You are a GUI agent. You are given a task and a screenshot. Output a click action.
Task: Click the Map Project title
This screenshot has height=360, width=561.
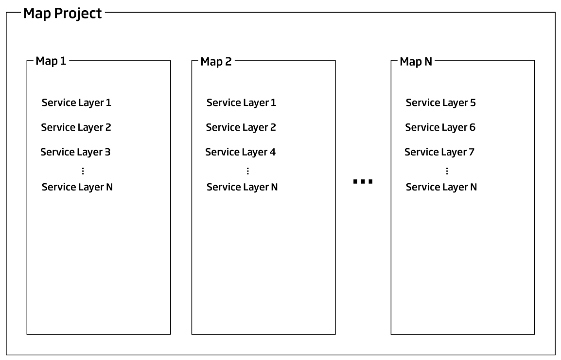point(63,13)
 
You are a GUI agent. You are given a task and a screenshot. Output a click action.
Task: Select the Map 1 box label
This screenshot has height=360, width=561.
point(51,62)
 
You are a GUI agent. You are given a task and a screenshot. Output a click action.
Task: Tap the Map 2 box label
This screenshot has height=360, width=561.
point(216,62)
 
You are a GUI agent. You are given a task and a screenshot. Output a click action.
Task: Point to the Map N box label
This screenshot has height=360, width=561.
point(416,62)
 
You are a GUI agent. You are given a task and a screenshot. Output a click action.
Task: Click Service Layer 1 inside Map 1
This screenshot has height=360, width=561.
point(76,103)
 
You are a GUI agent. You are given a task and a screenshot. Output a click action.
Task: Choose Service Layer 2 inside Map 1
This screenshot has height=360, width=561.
point(76,128)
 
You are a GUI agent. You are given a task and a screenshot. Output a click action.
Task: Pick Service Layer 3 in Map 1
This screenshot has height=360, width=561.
point(75,153)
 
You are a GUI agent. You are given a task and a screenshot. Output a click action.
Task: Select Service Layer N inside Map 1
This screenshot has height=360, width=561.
point(77,187)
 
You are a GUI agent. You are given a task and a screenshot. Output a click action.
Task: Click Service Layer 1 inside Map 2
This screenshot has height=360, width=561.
point(241,103)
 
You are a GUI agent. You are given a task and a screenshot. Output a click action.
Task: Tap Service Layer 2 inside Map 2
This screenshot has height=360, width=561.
point(241,128)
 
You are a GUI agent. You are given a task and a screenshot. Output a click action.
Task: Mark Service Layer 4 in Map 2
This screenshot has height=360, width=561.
point(240,153)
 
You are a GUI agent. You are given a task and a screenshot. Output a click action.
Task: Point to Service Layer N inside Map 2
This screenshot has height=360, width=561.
point(242,187)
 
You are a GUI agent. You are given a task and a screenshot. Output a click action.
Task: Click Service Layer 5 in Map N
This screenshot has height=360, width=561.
point(440,103)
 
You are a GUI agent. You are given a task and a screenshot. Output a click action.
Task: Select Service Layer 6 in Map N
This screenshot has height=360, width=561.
point(440,128)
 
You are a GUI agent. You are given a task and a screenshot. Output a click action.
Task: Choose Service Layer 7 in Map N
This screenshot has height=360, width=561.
point(439,153)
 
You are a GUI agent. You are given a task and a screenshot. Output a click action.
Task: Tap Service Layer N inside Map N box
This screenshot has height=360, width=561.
point(441,187)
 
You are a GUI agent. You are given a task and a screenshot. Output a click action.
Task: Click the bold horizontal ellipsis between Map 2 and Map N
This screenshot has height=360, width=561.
point(363,182)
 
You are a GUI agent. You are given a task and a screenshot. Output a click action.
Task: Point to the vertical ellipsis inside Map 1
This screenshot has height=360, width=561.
point(83,171)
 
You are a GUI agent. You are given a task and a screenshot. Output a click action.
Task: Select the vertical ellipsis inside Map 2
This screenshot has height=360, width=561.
point(248,171)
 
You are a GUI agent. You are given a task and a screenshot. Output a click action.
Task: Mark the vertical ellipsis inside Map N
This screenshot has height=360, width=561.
point(447,171)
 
